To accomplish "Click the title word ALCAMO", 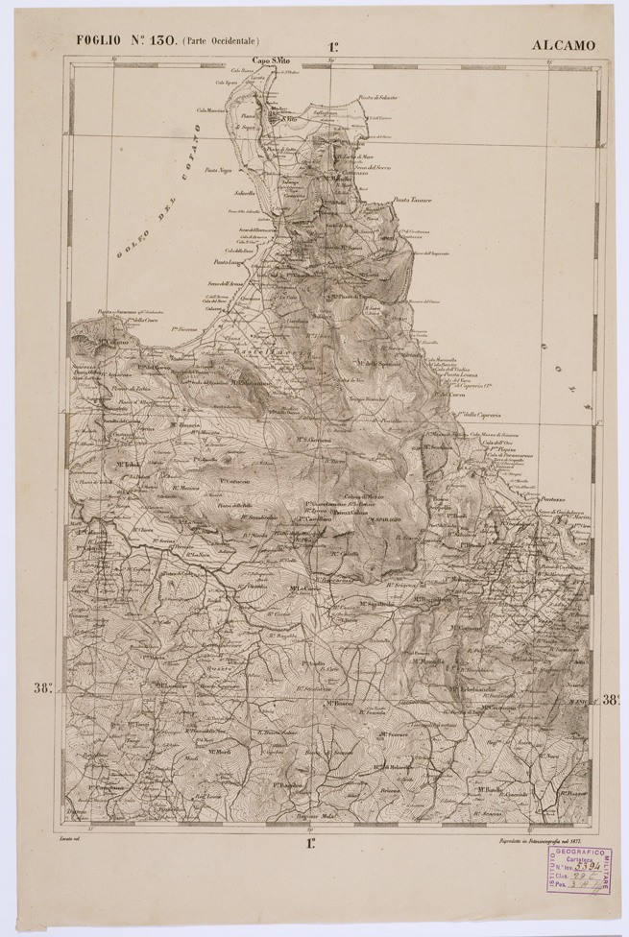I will [x=564, y=45].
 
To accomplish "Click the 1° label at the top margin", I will [x=333, y=45].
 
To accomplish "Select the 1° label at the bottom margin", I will [x=310, y=844].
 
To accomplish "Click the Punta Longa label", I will [x=231, y=261].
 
